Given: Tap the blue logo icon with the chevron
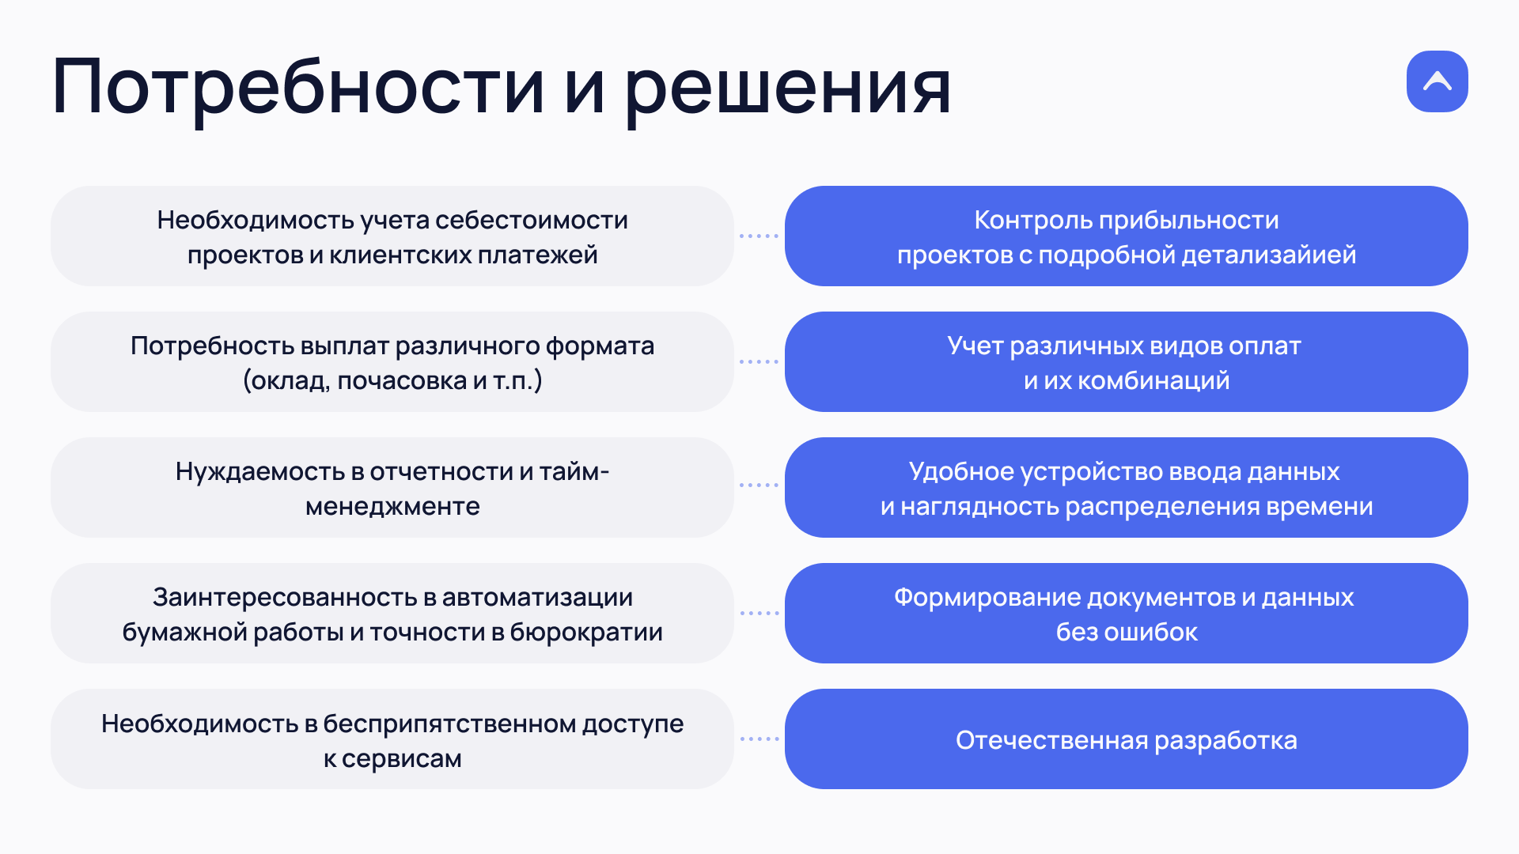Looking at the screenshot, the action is (x=1437, y=81).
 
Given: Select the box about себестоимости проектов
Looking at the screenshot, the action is (x=392, y=236).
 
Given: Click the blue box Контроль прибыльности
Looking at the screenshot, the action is (x=1127, y=236).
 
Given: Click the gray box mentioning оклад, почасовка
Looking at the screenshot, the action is (x=392, y=361).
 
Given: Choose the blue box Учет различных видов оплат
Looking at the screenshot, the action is (x=1127, y=361).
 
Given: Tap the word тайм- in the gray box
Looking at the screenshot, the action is (x=574, y=471).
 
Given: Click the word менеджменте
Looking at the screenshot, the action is (x=392, y=506).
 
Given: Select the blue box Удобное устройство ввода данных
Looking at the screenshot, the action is (x=1127, y=487).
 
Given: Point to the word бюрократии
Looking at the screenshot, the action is (x=586, y=632).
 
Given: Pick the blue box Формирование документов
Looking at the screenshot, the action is (x=1127, y=613).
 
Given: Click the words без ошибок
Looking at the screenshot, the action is (x=1127, y=632).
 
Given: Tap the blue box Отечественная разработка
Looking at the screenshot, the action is (x=1127, y=739).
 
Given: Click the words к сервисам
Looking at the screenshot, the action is (x=392, y=758).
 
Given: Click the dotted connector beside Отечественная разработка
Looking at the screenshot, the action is (x=759, y=739).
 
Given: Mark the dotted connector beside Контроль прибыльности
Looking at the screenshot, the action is (x=759, y=236).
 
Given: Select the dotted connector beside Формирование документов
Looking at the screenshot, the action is (x=759, y=613).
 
